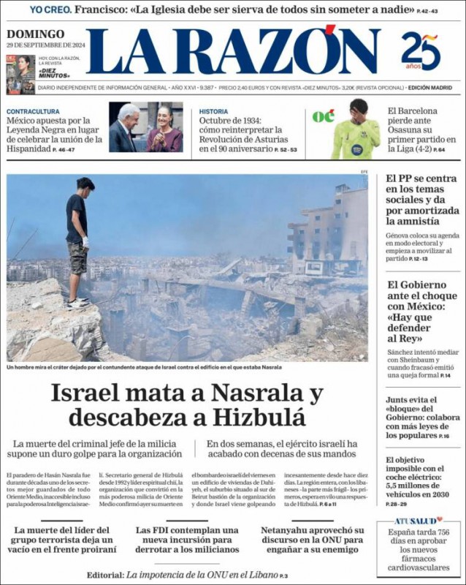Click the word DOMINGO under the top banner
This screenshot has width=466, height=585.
tap(35, 34)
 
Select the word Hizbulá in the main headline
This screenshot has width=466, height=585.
tap(259, 418)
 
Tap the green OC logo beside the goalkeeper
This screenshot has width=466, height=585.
tap(323, 116)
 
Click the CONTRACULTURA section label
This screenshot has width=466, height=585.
tap(34, 112)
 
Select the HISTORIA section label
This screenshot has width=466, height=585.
tap(213, 112)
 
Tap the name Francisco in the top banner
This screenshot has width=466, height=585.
tap(102, 10)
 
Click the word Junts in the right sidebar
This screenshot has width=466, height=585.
tap(400, 400)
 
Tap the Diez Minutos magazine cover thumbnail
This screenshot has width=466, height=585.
tap(20, 75)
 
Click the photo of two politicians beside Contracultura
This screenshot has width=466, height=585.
tap(145, 127)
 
